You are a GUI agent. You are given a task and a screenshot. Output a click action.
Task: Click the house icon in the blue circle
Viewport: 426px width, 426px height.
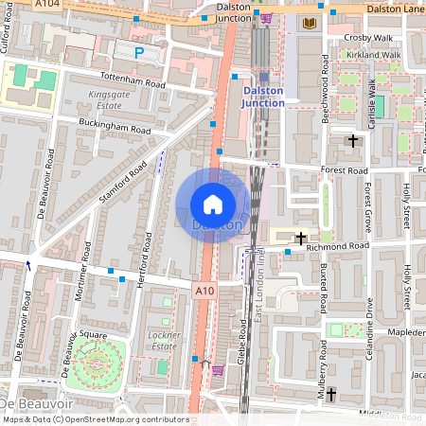[x=213, y=204]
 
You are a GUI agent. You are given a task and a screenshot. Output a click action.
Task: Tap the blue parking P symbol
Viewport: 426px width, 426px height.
[x=140, y=54]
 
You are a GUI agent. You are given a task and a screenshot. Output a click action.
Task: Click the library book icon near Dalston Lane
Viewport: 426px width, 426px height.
[x=309, y=22]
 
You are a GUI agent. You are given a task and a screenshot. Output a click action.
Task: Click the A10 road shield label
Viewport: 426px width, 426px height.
[x=203, y=290]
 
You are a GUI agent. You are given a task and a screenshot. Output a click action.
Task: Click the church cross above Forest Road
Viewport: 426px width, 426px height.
[x=353, y=141]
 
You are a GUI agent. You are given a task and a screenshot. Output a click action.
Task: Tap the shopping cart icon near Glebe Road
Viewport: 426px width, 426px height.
[x=218, y=370]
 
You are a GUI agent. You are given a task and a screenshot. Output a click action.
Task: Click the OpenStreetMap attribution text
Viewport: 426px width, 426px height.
[x=95, y=418]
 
